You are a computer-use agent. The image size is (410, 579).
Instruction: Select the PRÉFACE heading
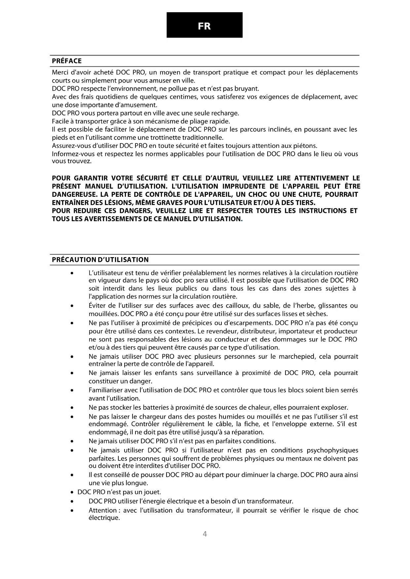(x=67, y=61)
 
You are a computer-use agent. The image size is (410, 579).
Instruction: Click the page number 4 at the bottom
(x=205, y=534)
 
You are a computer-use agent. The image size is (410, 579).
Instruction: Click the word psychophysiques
(x=332, y=450)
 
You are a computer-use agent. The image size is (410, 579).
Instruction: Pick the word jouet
(x=153, y=492)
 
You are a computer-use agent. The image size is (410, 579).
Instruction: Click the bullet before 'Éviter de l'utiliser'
(x=72, y=306)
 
